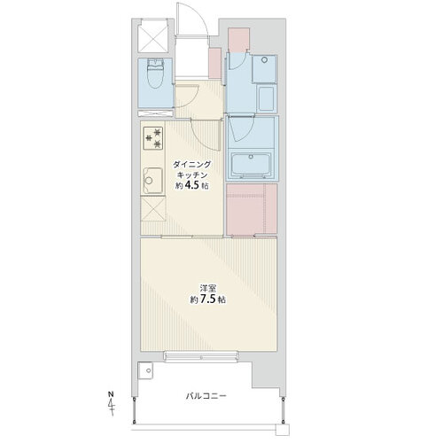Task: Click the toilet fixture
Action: tap(156, 74)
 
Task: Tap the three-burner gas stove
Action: tap(153, 138)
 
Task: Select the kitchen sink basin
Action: tap(153, 181)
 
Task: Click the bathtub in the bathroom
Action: tap(251, 166)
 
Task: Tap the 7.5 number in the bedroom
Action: tap(209, 299)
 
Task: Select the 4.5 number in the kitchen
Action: tap(193, 186)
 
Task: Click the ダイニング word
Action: tap(192, 164)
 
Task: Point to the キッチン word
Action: tap(192, 175)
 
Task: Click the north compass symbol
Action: tap(111, 404)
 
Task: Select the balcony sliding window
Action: tap(201, 356)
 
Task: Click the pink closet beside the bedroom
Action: tap(252, 209)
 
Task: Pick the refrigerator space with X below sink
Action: tap(153, 209)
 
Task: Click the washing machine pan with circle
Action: tap(264, 69)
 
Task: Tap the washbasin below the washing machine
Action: tap(267, 98)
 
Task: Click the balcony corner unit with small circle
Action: tap(145, 371)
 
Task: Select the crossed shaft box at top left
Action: tap(153, 36)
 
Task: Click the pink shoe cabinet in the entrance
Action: tap(214, 63)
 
